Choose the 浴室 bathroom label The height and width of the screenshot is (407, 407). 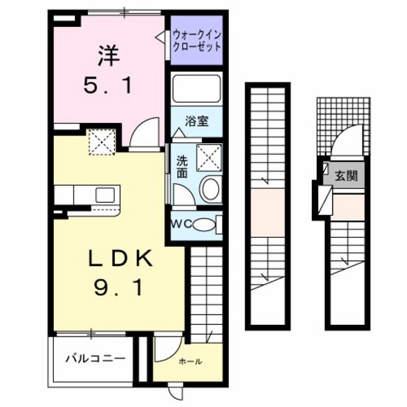pos(196,121)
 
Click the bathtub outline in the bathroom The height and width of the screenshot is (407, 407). pos(196,90)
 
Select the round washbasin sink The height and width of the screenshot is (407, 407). pos(210,190)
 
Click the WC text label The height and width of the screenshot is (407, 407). pos(181,224)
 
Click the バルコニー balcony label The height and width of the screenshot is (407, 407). pos(94,358)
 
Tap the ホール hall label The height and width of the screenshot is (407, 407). pos(190,361)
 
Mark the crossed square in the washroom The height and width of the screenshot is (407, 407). pos(210,155)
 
